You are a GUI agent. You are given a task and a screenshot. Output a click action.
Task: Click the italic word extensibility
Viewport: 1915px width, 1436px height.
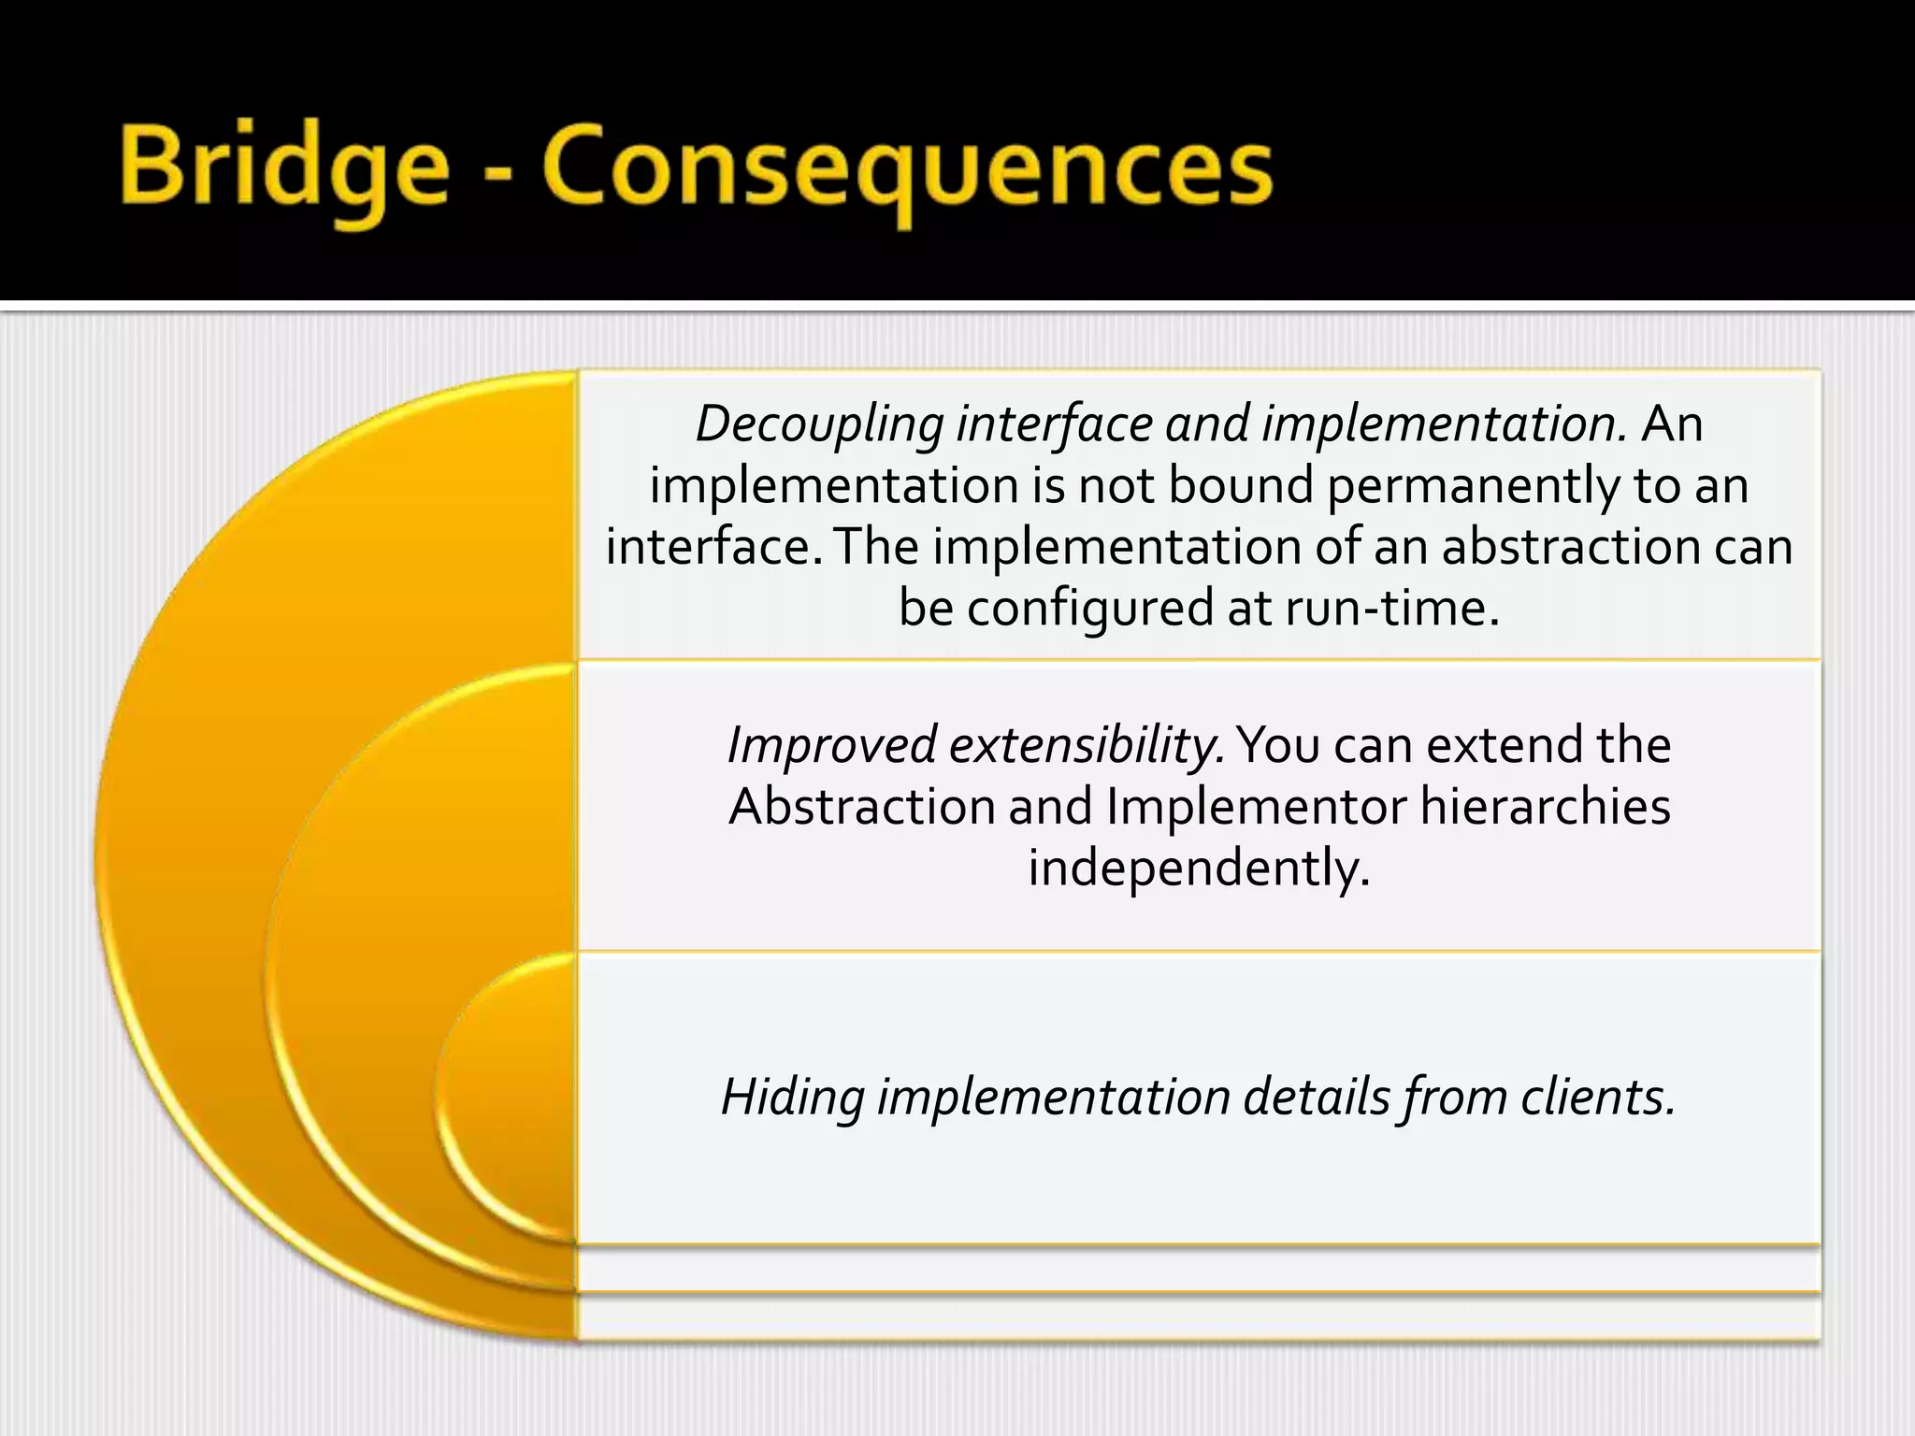(1087, 746)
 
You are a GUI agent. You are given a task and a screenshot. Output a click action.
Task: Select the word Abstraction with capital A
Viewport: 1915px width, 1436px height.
(861, 807)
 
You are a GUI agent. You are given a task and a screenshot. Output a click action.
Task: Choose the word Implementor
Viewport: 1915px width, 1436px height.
(1257, 807)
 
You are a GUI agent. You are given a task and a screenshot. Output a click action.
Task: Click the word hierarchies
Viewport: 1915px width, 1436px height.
(1545, 807)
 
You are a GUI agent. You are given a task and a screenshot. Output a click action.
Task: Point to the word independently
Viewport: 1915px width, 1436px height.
(1199, 869)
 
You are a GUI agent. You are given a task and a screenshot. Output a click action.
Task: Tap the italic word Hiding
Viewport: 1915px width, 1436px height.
(793, 1098)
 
